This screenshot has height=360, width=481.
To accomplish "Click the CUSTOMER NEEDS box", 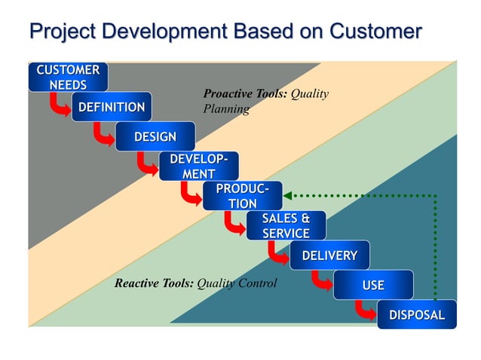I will (68, 78).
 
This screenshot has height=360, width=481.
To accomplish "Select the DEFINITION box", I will (112, 107).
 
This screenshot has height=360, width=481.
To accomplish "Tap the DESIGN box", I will (155, 136).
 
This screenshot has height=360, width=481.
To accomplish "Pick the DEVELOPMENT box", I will (198, 166).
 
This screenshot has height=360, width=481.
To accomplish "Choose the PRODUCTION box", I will (242, 196).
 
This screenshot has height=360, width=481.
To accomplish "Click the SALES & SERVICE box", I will (286, 226).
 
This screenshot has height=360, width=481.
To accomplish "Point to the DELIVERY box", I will (329, 255).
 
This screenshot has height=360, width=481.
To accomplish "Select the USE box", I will (373, 285).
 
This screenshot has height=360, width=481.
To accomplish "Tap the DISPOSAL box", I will (417, 315).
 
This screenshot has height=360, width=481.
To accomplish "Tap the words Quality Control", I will (237, 284).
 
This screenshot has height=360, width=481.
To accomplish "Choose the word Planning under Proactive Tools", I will (226, 108).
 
